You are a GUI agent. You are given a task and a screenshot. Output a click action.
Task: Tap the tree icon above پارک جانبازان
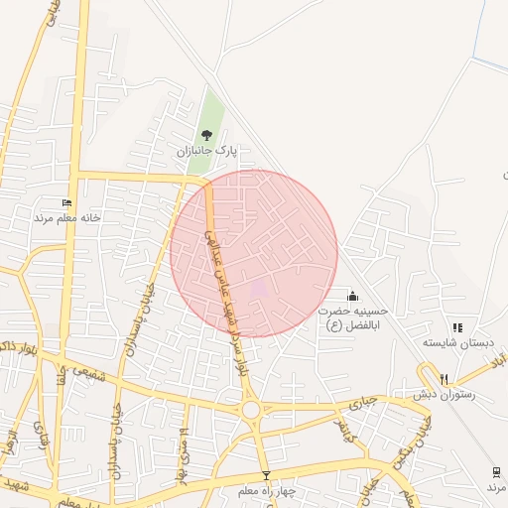point(206,135)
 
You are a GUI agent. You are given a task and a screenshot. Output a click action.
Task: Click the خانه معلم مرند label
point(68,216)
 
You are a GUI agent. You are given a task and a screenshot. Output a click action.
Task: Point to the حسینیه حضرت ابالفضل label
point(349,317)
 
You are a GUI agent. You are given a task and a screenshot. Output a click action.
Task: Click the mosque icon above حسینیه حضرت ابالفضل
point(352,295)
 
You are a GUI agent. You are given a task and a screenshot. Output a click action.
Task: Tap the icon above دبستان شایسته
point(457,327)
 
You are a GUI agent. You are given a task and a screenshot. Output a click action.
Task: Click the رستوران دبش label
point(443,394)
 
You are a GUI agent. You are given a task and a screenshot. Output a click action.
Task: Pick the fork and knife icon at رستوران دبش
point(444,378)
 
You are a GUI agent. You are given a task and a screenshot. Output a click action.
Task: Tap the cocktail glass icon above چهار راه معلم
point(265,474)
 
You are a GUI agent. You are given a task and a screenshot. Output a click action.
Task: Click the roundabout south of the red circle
point(250,409)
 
